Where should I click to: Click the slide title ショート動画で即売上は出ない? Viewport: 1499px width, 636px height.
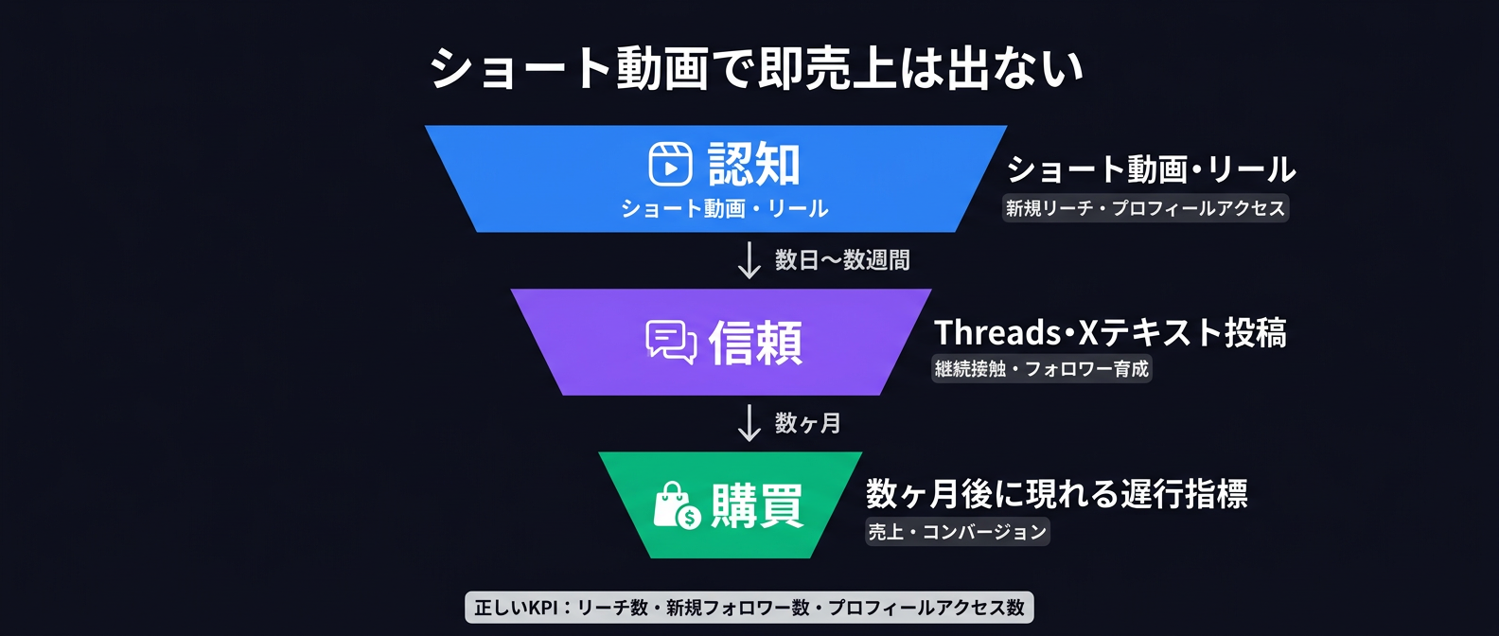pos(756,68)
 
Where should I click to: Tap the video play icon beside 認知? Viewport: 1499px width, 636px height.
pos(670,164)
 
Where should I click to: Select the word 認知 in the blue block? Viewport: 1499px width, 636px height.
pos(754,164)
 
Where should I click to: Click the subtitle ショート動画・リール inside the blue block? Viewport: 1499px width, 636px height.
pos(724,208)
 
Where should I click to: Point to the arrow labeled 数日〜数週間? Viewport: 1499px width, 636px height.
pos(749,260)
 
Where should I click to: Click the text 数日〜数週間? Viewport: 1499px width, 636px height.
pos(841,260)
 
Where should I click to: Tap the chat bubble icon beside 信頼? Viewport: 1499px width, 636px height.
pos(671,342)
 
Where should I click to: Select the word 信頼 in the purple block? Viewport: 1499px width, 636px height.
pos(755,342)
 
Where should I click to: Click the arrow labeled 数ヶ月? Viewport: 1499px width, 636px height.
pos(749,423)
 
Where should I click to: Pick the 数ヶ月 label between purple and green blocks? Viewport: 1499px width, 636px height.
pos(807,423)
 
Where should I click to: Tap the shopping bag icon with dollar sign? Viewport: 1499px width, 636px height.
pos(677,505)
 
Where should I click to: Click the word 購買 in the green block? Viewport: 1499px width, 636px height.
pos(757,505)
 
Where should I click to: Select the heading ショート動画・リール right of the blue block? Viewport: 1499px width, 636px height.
pos(1151,169)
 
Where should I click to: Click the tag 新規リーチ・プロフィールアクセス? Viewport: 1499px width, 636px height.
pos(1145,208)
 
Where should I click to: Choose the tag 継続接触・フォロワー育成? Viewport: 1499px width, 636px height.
pos(1041,369)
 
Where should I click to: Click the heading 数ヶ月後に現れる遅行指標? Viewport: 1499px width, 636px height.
pos(1056,493)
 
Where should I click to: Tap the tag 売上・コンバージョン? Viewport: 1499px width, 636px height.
pos(957,532)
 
